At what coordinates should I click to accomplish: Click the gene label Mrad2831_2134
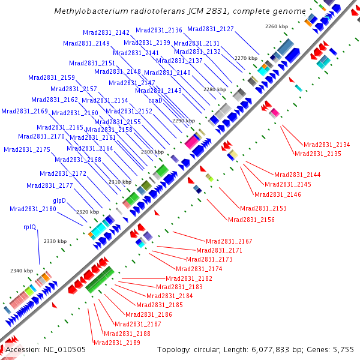326,145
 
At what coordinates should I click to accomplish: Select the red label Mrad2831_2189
117,343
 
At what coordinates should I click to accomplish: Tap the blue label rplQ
31,227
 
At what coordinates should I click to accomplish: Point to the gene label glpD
59,200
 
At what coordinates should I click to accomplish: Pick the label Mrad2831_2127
211,29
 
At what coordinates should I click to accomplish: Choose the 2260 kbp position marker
277,26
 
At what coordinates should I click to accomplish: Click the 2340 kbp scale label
22,271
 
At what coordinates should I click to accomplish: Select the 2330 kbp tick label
55,241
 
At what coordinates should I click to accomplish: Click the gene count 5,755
341,350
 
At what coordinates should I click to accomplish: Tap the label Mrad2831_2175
26,149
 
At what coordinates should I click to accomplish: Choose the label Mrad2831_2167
229,241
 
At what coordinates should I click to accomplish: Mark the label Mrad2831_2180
33,209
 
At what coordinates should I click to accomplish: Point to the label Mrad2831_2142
106,33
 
